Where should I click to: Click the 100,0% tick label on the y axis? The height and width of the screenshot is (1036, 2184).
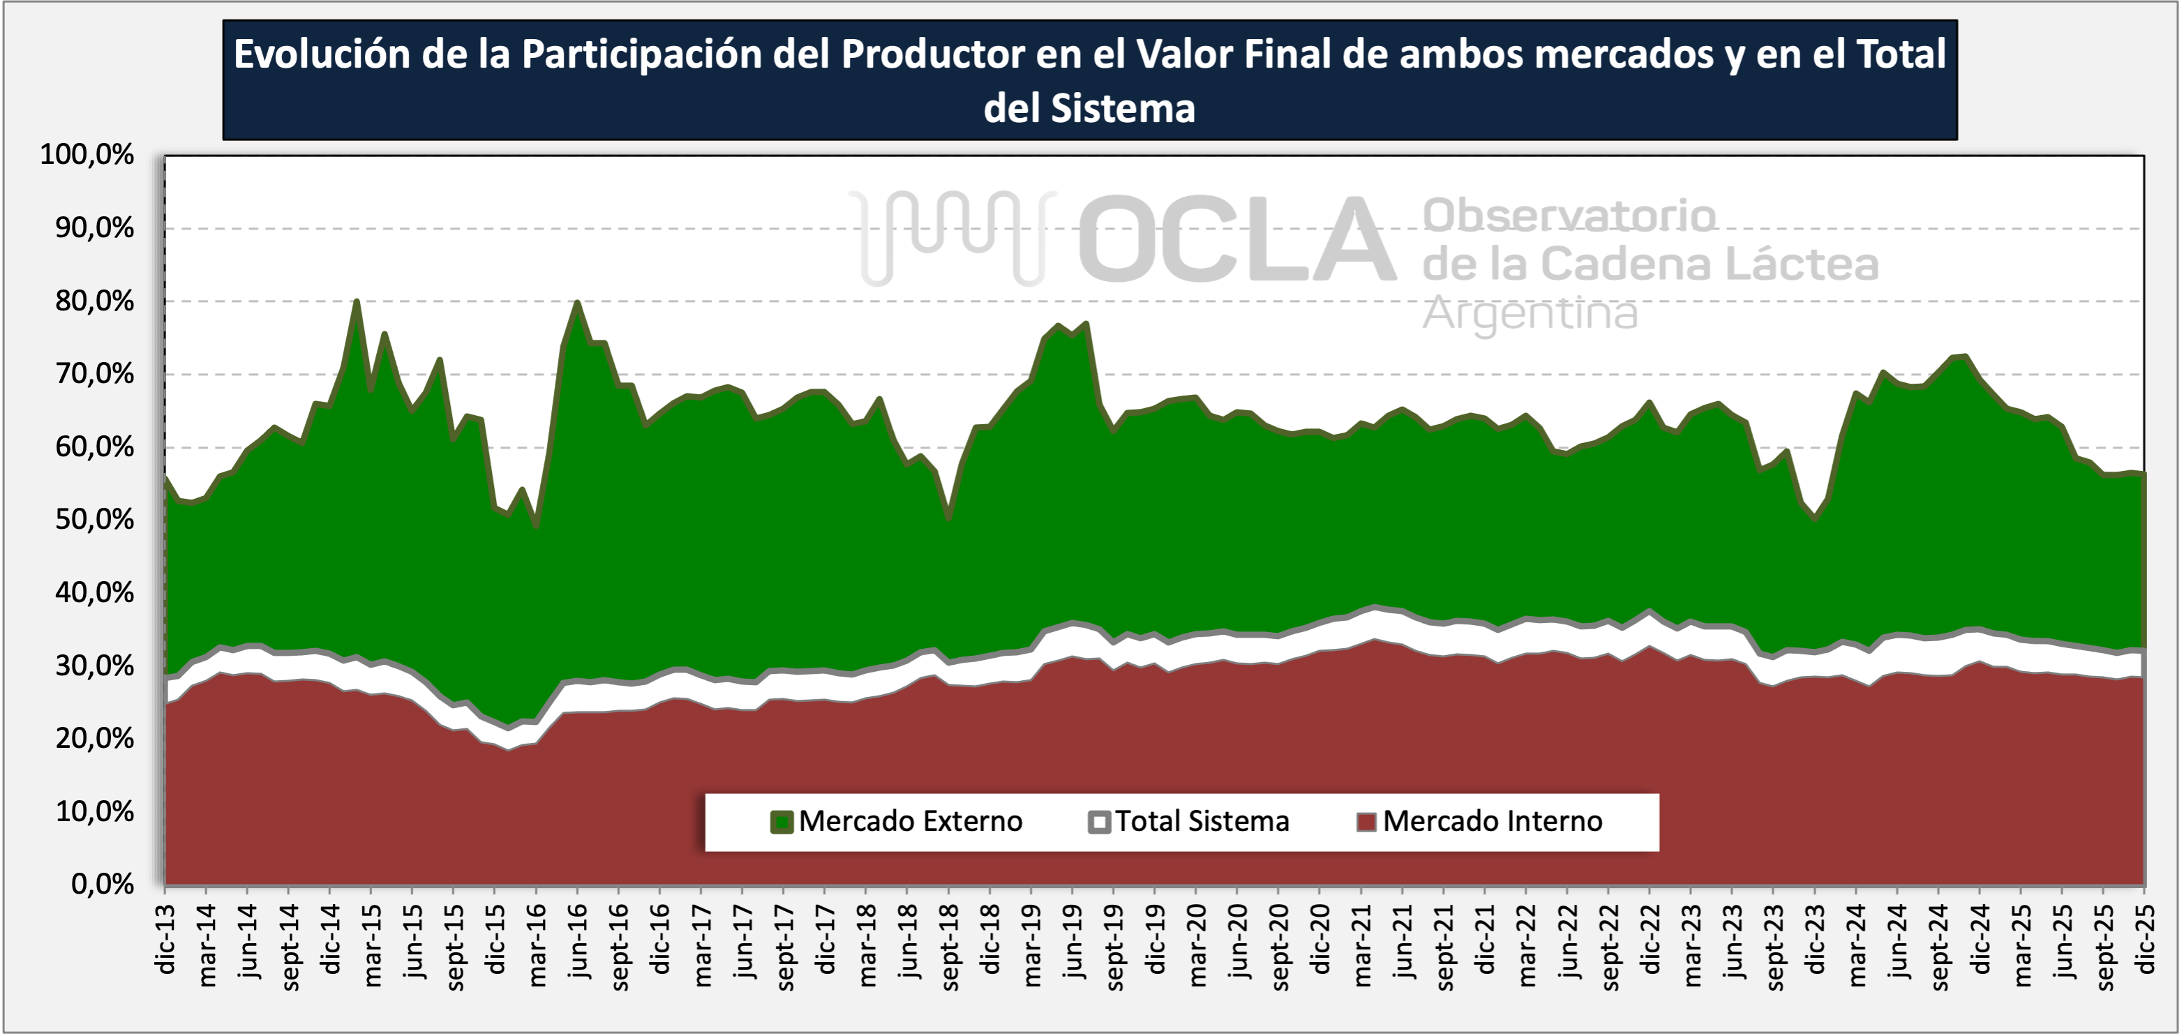(x=87, y=155)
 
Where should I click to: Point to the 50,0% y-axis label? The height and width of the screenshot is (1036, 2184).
(x=94, y=520)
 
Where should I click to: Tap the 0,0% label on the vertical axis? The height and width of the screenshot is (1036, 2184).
(x=103, y=884)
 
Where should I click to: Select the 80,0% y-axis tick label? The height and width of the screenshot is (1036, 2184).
(x=94, y=301)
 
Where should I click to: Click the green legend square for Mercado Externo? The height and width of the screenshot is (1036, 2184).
(x=781, y=822)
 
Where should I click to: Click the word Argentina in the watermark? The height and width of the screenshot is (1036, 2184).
(x=1529, y=313)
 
